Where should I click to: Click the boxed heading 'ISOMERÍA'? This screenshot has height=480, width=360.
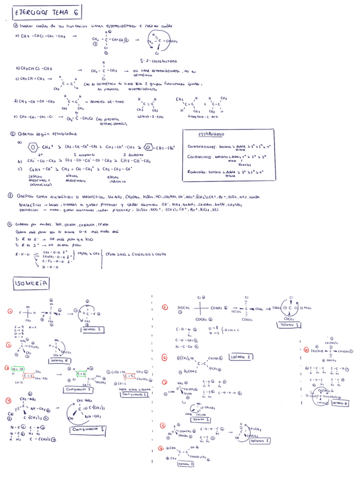[x=33, y=282]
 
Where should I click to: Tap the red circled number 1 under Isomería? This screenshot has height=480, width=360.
[x=9, y=311]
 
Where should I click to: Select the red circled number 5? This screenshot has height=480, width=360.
[x=164, y=308]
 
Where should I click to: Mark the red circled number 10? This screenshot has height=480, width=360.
[x=305, y=349]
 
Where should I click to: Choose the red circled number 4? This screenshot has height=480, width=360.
[x=9, y=401]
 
